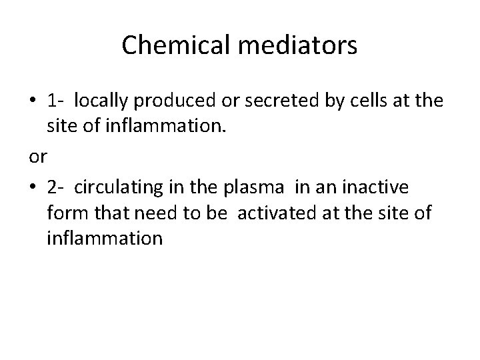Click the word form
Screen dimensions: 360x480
point(65,213)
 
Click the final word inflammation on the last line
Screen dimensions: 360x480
point(105,237)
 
